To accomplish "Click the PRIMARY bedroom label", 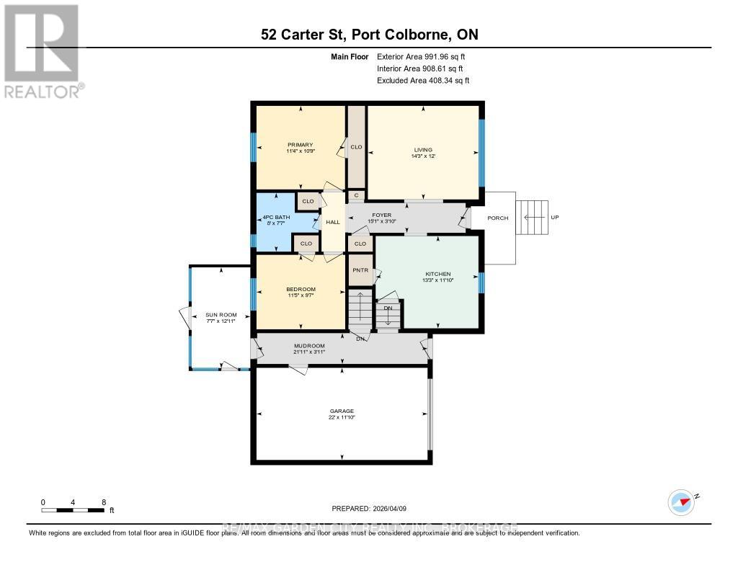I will (x=300, y=145).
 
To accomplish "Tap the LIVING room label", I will (x=422, y=150).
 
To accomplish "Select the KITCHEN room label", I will (x=437, y=274).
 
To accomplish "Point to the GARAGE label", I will (x=342, y=411).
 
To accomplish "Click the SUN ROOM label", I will (x=220, y=315).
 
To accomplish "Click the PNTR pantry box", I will (x=360, y=271).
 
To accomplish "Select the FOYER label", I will (x=381, y=215).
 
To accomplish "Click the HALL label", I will (x=332, y=222).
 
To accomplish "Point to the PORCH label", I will (x=497, y=218).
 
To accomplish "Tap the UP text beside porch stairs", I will (x=554, y=218).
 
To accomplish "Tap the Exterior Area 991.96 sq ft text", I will (x=426, y=56).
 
